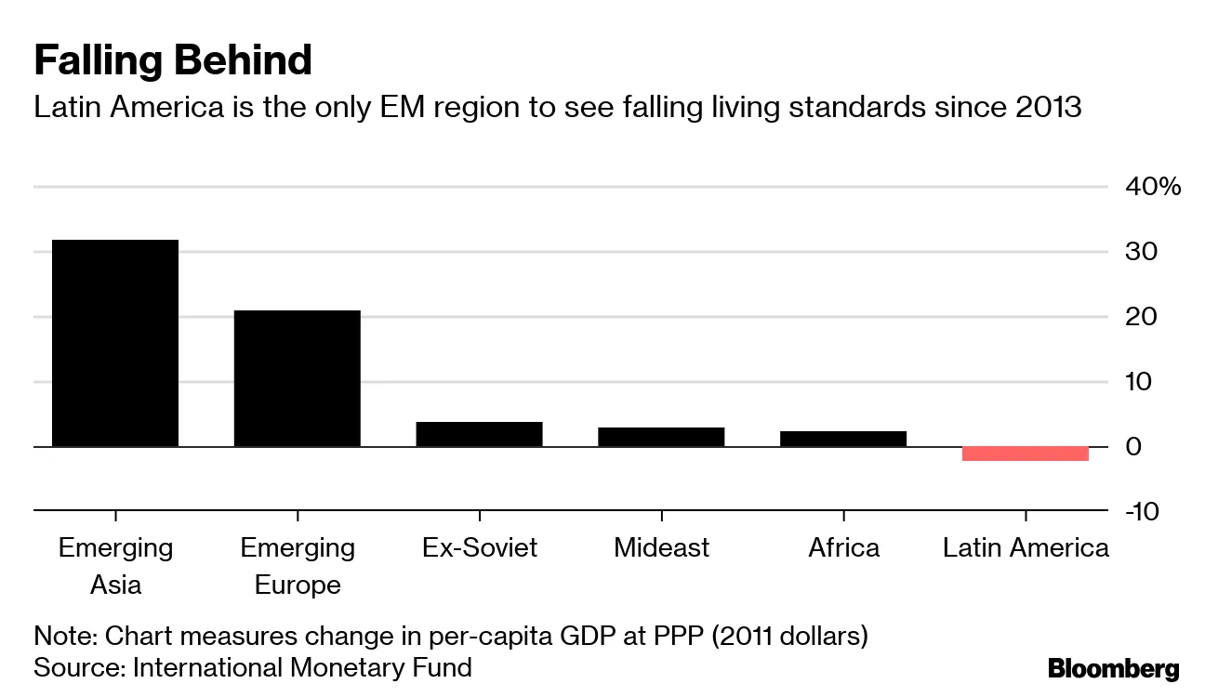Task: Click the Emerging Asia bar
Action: pyautogui.click(x=115, y=343)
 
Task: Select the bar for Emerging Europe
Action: pyautogui.click(x=297, y=378)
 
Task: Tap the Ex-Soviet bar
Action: pyautogui.click(x=479, y=434)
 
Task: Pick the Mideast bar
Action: pyautogui.click(x=661, y=437)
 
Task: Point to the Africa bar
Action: pyautogui.click(x=843, y=439)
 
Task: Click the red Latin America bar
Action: pyautogui.click(x=1025, y=454)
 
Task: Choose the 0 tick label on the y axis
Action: pyautogui.click(x=1132, y=447)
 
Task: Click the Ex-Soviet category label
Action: pyautogui.click(x=479, y=547)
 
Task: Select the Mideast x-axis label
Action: pyautogui.click(x=661, y=547)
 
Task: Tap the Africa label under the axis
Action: pyautogui.click(x=843, y=547)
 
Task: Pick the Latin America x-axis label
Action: pyautogui.click(x=1026, y=547)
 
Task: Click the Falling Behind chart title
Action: pyautogui.click(x=173, y=60)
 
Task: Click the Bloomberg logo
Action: pyautogui.click(x=1113, y=668)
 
